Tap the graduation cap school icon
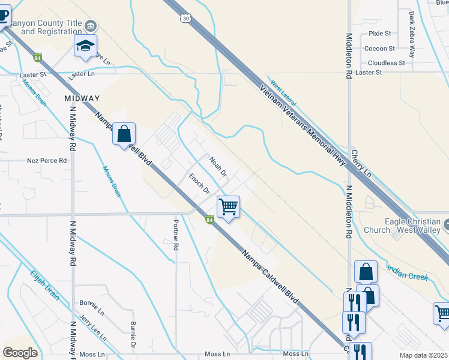click(85, 46)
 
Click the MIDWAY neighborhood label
click(82, 98)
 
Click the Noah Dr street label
click(218, 167)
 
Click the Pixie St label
click(380, 34)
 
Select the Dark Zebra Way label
click(412, 34)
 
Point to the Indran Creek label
click(408, 272)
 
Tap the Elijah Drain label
click(44, 285)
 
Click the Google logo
click(20, 353)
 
